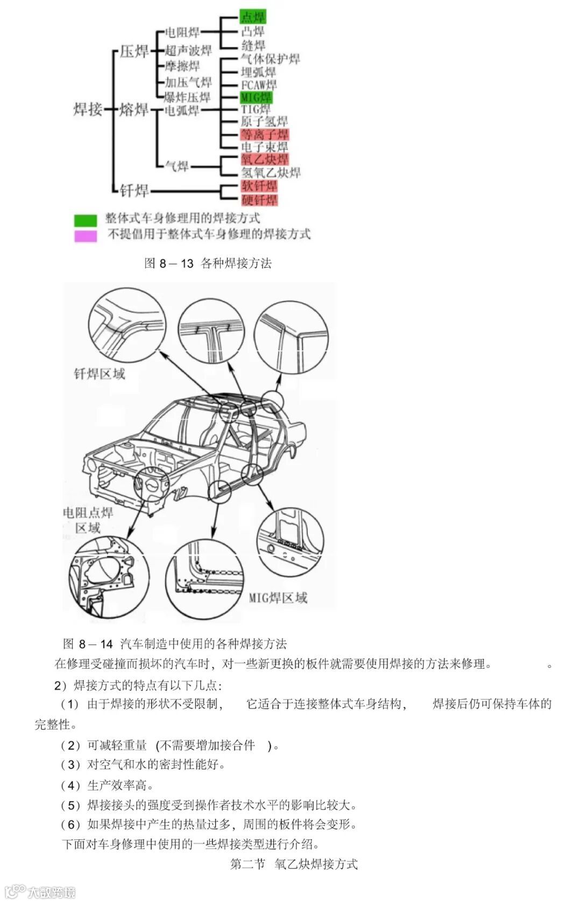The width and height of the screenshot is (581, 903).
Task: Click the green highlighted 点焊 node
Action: click(x=252, y=17)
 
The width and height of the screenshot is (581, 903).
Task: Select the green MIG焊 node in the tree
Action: click(x=256, y=97)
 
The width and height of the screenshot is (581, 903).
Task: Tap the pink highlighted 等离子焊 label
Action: click(x=264, y=135)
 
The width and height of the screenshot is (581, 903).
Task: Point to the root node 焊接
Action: click(x=88, y=109)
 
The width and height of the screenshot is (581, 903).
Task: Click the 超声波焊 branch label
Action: click(x=188, y=51)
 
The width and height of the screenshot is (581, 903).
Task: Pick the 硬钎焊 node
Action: click(x=259, y=200)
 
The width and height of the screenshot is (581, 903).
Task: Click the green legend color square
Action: click(x=86, y=220)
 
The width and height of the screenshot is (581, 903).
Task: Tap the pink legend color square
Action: click(x=86, y=235)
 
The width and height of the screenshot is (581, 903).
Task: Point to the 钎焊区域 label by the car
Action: click(x=100, y=374)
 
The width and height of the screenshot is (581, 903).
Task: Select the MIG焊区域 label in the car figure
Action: click(x=278, y=597)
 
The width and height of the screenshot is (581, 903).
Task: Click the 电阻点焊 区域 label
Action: click(x=88, y=520)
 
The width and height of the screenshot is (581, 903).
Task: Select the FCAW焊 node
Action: click(x=259, y=85)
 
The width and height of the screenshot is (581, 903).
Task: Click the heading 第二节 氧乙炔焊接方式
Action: click(x=294, y=864)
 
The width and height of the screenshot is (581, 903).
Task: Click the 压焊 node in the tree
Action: click(x=134, y=51)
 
